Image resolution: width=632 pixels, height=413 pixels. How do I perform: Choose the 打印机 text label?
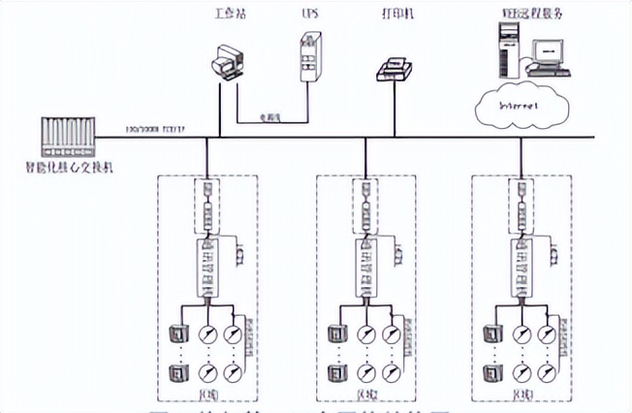point(394,15)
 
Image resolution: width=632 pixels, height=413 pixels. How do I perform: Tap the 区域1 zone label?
point(206,392)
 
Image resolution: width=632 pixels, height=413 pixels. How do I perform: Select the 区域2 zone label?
point(365,392)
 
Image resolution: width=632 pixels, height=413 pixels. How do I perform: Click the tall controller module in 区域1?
point(207,266)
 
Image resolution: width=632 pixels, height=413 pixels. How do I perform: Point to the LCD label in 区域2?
point(398,252)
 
